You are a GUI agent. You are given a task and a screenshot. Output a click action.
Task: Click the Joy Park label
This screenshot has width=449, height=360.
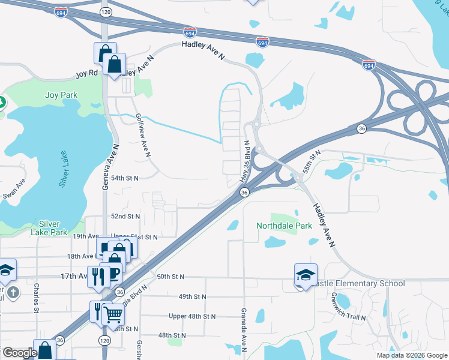[61, 95]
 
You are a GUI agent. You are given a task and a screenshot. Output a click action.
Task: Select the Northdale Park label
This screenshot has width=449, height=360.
[284, 226]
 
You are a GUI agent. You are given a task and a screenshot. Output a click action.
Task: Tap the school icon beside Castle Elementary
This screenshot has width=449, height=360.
[305, 275]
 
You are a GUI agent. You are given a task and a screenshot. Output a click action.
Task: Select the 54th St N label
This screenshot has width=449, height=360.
[125, 178]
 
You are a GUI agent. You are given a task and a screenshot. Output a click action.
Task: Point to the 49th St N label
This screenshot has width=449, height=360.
[192, 296]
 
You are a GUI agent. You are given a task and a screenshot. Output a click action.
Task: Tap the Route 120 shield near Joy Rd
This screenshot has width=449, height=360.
[105, 11]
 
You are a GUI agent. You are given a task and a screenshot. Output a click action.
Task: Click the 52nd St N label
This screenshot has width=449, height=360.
[125, 216]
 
